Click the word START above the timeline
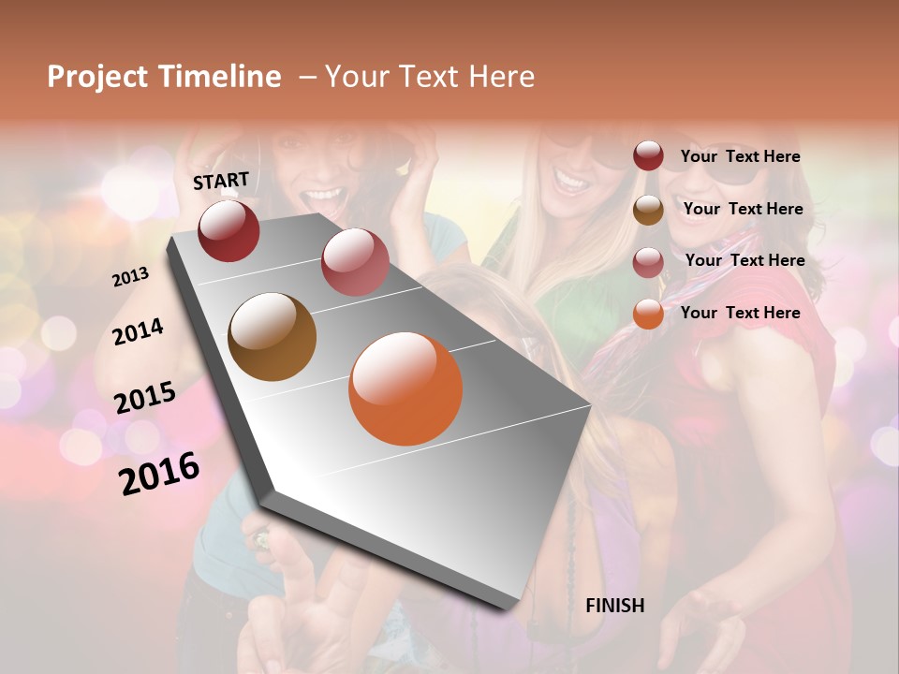pos(221,181)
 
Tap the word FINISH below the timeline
pos(614,606)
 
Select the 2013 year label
pos(130,277)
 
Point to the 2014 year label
pos(139,331)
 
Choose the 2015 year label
pos(145,398)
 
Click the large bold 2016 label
pos(159,474)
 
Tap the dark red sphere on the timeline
pos(228,230)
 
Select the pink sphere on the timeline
pos(355,262)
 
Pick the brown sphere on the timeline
pos(273,337)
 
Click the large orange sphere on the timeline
pos(405,388)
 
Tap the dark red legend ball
pos(648,156)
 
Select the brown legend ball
pos(648,210)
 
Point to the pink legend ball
pos(648,262)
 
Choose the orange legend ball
pos(648,314)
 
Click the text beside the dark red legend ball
pos(740,156)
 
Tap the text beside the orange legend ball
pos(740,313)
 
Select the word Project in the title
pos(97,77)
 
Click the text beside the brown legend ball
pos(743,209)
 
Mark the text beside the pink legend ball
pos(744,260)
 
